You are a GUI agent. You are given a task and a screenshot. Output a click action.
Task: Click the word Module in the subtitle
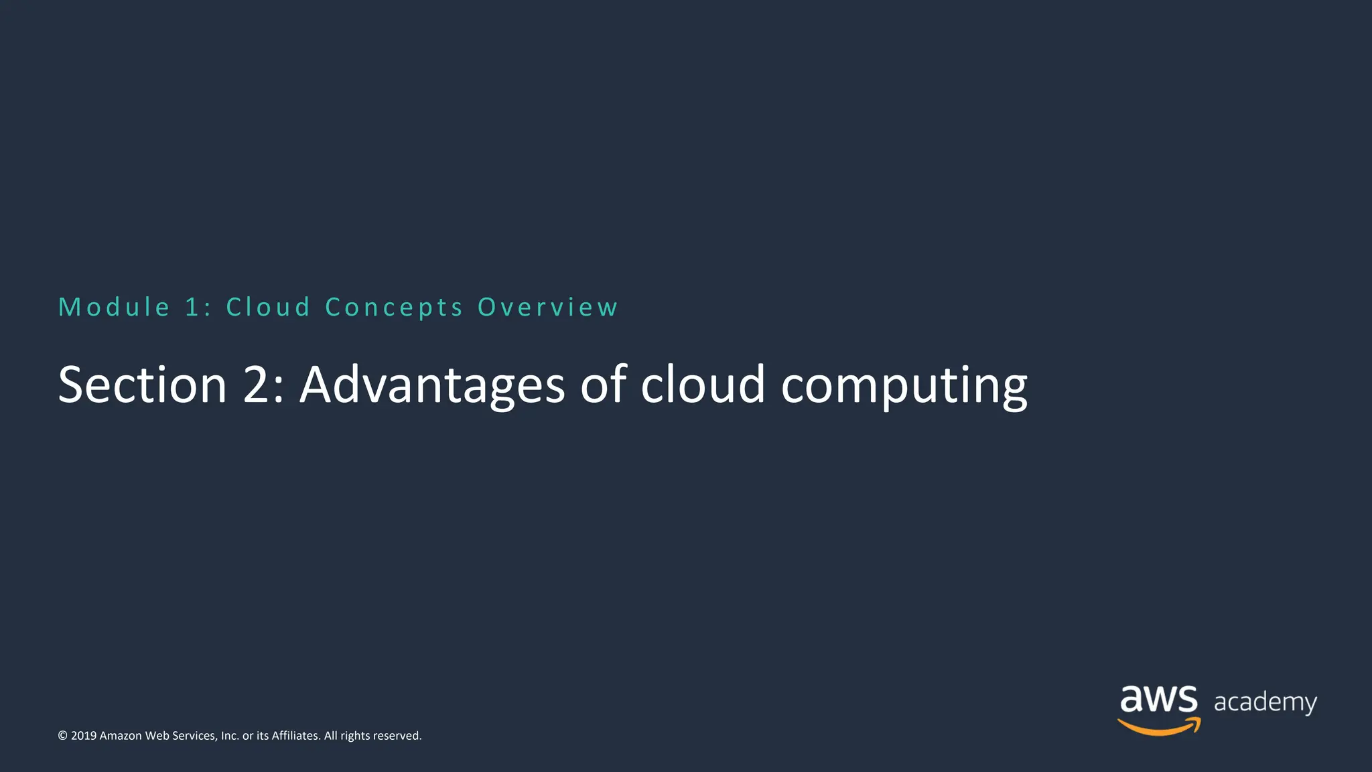point(114,308)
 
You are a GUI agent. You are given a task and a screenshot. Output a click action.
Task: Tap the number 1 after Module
point(193,308)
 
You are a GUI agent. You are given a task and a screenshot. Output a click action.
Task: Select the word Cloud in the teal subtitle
point(268,308)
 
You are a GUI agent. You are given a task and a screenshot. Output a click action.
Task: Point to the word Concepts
point(394,308)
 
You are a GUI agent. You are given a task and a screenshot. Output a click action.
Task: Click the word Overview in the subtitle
point(547,308)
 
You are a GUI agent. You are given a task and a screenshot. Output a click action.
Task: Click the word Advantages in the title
point(432,386)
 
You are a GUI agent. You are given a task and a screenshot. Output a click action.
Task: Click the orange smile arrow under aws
point(1159,726)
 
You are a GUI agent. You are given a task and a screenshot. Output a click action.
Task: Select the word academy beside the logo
point(1265,702)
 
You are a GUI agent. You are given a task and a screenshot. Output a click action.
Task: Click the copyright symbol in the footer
point(63,736)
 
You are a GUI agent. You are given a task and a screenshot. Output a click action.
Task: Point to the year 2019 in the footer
point(84,736)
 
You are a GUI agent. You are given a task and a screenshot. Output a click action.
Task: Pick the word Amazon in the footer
point(121,736)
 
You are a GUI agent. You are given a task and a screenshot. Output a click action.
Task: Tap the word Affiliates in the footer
point(295,736)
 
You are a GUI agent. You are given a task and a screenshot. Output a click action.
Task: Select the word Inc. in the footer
point(230,736)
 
